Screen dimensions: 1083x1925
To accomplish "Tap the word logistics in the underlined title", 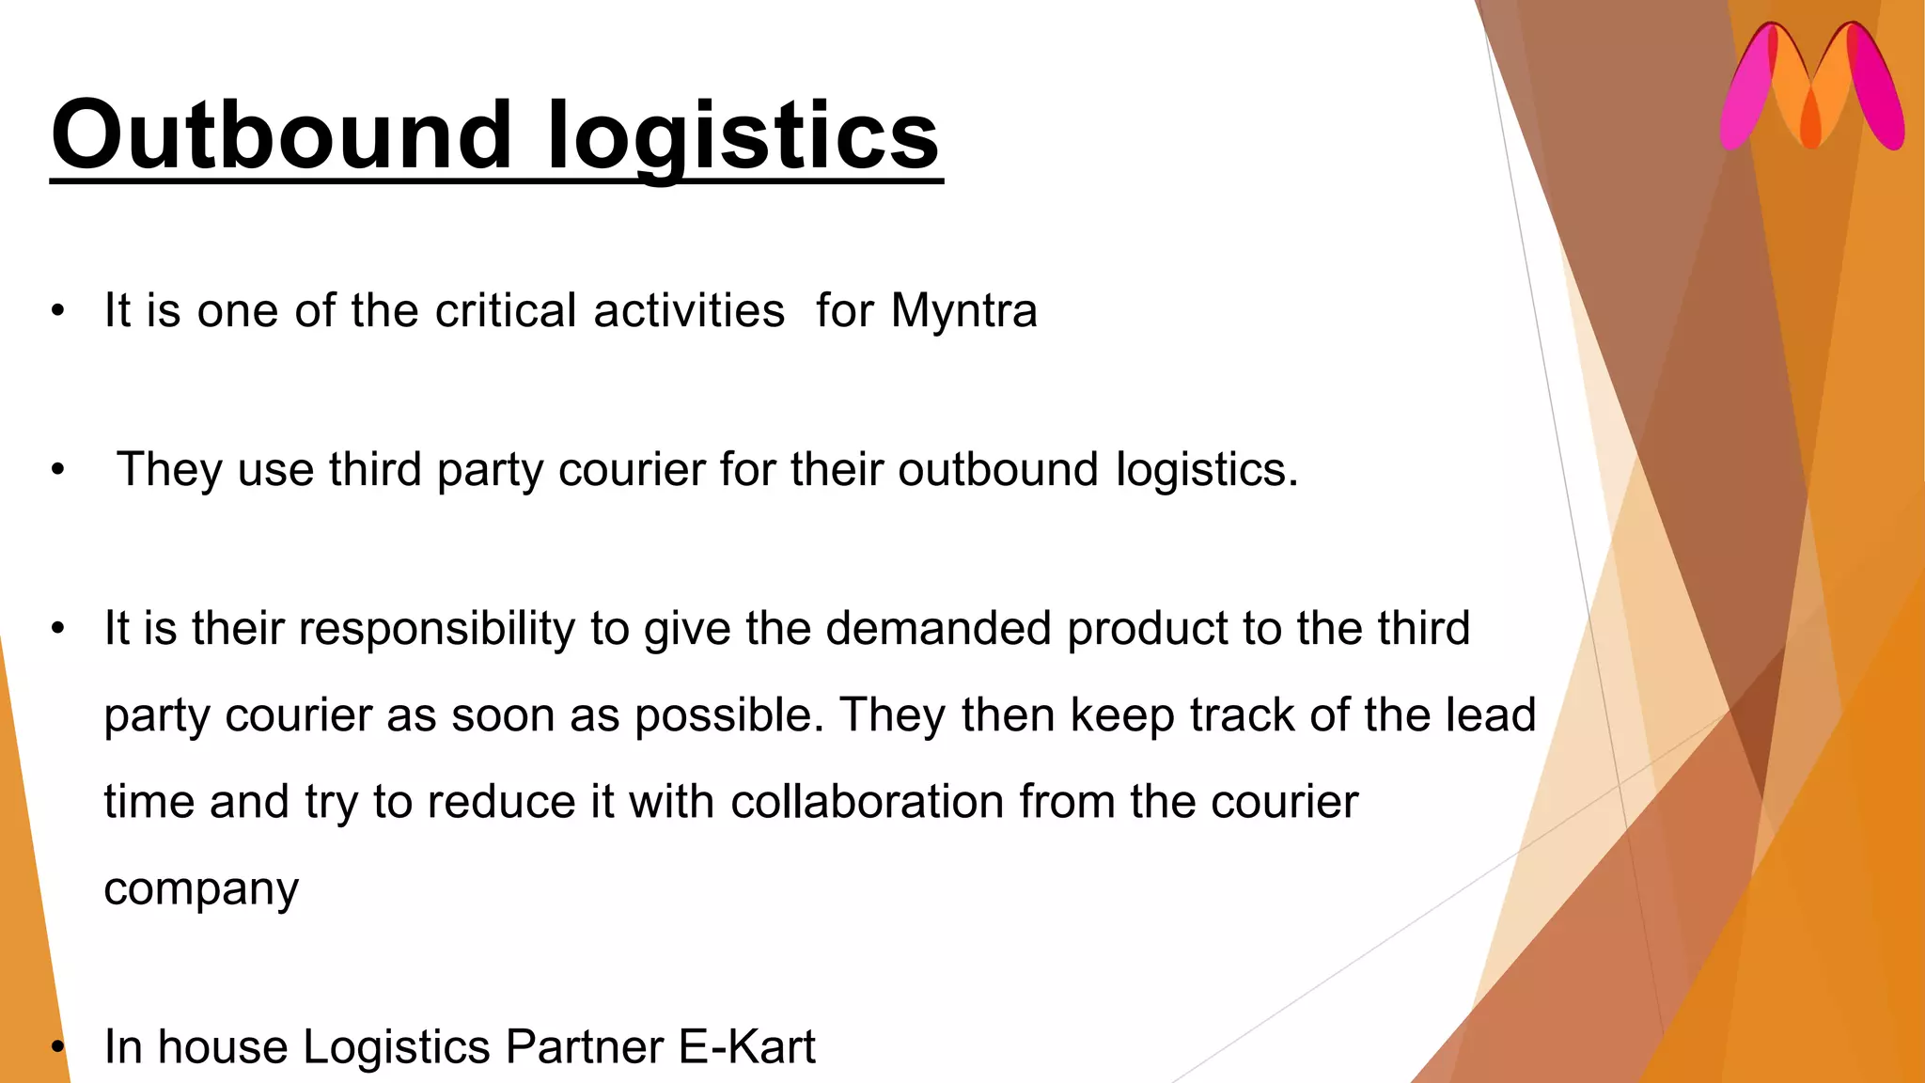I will pyautogui.click(x=743, y=136).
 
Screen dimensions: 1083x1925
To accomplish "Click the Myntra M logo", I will pyautogui.click(x=1812, y=86).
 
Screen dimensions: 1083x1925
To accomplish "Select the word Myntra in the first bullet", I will pyautogui.click(x=964, y=311).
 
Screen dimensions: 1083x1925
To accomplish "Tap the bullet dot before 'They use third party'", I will pyautogui.click(x=58, y=469).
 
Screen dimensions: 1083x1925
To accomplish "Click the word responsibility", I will pyautogui.click(x=436, y=629).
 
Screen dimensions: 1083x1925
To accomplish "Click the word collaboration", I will pyautogui.click(x=868, y=802).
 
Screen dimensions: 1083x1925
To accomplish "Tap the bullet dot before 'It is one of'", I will pyautogui.click(x=58, y=311).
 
